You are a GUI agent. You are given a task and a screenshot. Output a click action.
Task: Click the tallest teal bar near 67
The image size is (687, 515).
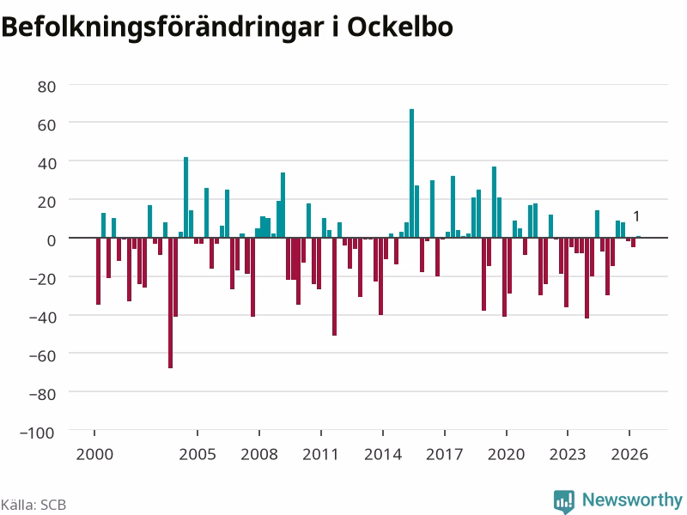coord(411,173)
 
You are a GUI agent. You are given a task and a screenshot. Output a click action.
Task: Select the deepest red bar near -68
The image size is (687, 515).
coord(170,303)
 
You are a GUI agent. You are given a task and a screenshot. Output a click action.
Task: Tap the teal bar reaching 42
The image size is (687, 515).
coord(185,197)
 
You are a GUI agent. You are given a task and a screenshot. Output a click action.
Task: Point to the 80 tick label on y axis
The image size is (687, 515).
coord(46,87)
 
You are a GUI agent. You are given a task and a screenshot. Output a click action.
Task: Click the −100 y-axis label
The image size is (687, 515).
coord(37,433)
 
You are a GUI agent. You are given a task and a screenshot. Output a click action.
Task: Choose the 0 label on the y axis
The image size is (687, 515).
coord(52,240)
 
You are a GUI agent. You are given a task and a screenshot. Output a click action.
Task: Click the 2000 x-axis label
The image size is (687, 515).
coord(94,454)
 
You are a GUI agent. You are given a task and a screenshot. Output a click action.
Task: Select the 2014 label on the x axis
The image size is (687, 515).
coord(383,454)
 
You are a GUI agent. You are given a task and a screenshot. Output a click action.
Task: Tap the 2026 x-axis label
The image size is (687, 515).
coord(629,454)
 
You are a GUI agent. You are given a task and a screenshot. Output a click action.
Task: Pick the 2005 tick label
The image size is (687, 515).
coord(198,454)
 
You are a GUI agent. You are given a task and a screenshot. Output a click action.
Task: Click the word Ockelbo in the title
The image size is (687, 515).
coord(400,27)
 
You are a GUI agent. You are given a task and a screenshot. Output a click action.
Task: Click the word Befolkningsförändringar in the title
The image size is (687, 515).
coord(163,27)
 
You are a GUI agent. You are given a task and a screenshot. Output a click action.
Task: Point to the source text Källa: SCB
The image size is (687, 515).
coord(33,505)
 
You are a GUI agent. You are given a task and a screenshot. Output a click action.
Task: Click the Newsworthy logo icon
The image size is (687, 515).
coord(564,501)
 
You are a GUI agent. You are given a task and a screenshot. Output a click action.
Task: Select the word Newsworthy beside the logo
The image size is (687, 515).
coord(632,500)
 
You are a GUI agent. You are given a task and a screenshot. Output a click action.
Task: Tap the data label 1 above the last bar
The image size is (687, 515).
coord(636,216)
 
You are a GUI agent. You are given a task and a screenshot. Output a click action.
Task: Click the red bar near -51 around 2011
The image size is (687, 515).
coord(334,287)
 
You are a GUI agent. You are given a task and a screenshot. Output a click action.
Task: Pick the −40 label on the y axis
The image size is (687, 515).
coord(42,317)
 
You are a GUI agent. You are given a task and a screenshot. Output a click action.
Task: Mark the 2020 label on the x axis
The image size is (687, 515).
coord(506,454)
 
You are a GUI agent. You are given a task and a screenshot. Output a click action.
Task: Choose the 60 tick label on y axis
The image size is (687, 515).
coord(46,125)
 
